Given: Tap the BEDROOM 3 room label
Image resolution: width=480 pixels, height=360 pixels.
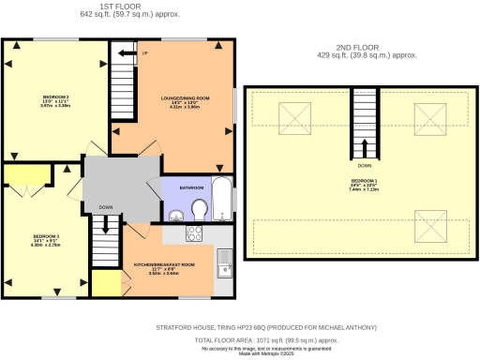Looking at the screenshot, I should click(x=46, y=235).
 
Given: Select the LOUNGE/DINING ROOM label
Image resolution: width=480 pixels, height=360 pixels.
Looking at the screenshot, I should click(x=178, y=98).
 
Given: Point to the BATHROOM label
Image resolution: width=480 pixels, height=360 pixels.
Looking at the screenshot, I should click(x=192, y=187).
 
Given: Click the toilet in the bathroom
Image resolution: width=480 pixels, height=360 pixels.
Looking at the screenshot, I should click(x=199, y=207).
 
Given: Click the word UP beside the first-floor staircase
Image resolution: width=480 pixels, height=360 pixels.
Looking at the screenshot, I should click(x=144, y=52).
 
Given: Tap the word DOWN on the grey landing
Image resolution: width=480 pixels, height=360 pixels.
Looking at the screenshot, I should click(x=106, y=207).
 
